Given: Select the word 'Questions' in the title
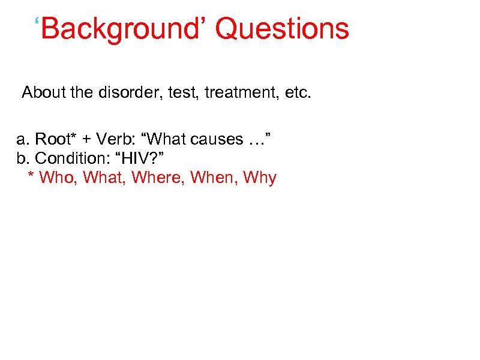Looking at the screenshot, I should pos(282,29).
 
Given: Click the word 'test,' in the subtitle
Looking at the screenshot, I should pos(185,93).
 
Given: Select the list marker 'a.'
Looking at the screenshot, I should pos(23,140).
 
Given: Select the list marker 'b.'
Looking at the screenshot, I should pos(23,158).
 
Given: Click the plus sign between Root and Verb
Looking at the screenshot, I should pos(87,140).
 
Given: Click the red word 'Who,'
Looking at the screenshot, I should pos(58,178).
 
